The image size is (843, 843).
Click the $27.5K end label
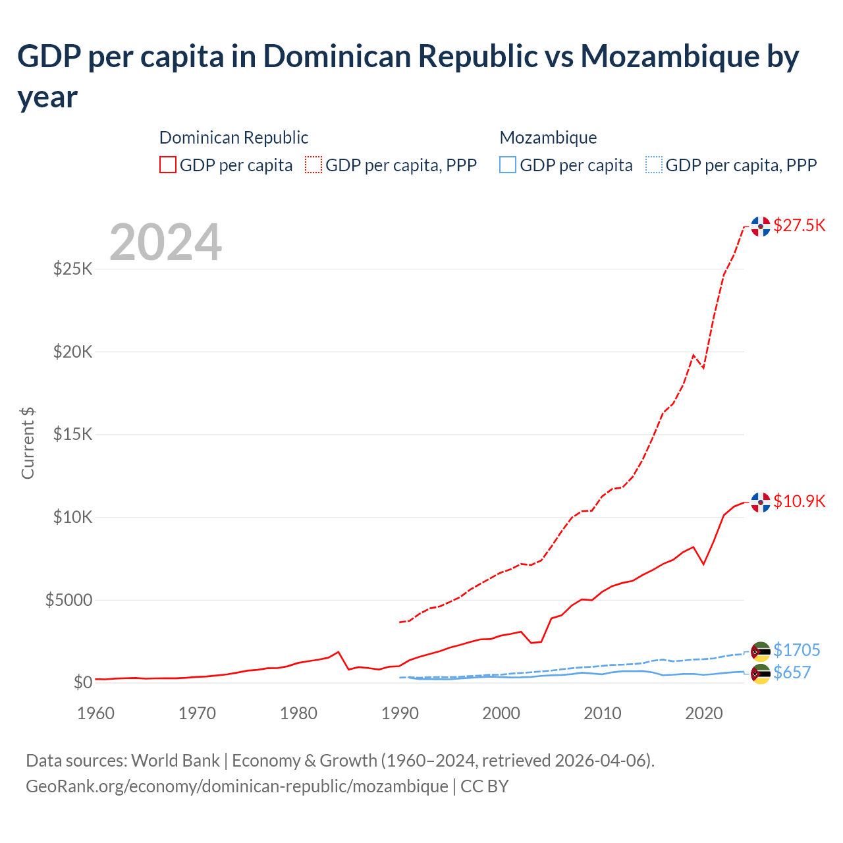point(799,226)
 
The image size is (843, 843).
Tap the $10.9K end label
point(799,501)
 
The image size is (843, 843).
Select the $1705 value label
point(796,650)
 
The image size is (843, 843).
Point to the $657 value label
point(792,672)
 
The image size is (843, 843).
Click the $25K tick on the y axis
point(72,269)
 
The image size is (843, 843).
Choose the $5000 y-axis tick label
point(68,600)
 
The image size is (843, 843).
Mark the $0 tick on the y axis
point(82,682)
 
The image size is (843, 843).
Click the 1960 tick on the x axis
point(96,713)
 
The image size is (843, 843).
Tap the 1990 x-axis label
point(400,713)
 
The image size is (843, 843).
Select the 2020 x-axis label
point(703,713)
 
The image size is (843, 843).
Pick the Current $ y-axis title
point(28,443)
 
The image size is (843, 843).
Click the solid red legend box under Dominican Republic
point(168,165)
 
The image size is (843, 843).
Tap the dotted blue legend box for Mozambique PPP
point(653,165)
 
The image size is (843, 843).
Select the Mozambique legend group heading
point(548,138)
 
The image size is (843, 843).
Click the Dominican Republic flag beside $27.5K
point(761,226)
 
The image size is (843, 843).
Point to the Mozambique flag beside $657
point(761,674)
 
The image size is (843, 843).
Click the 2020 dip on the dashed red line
point(703,367)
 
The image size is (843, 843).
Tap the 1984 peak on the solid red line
point(339,652)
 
